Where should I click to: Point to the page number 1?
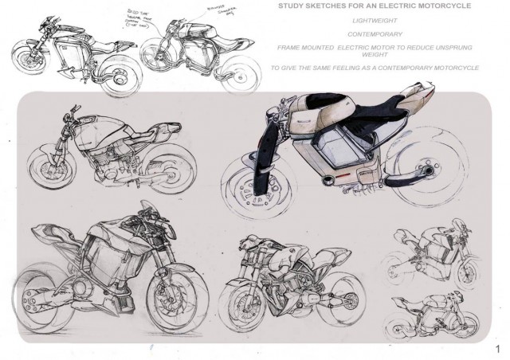(x=496, y=348)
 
